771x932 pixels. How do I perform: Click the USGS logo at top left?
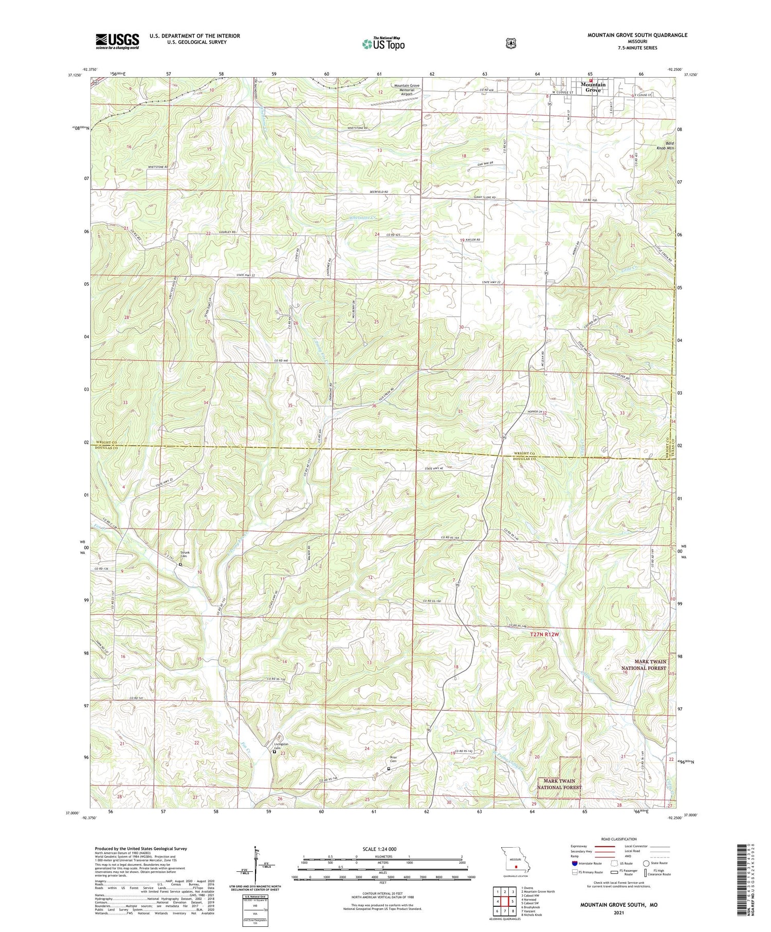(x=117, y=41)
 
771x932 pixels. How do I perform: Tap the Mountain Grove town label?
(x=593, y=87)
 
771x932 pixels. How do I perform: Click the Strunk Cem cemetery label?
(x=185, y=555)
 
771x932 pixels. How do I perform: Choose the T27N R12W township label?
(x=544, y=634)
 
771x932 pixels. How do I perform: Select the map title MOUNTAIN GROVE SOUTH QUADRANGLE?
(x=637, y=35)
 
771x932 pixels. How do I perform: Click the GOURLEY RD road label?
(x=227, y=232)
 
